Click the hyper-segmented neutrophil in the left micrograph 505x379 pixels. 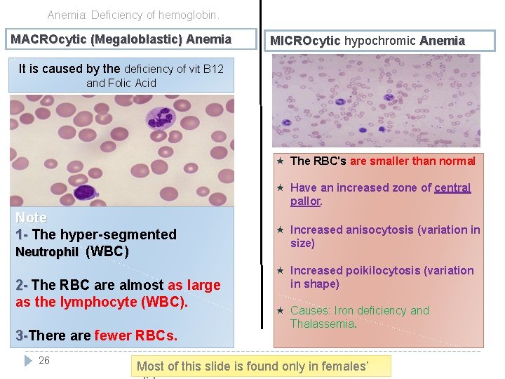pos(164,117)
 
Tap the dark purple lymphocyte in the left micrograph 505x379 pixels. pos(85,190)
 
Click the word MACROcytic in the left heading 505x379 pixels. pos(48,39)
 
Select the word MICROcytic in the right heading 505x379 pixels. pos(305,41)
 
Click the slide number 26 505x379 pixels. pos(44,360)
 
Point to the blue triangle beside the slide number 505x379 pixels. pos(28,360)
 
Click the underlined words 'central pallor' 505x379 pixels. pos(380,194)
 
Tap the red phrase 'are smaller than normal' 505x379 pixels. pos(412,161)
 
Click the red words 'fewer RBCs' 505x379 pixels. pos(135,335)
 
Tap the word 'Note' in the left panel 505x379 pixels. pos(31,218)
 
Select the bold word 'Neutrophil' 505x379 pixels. pos(47,251)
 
